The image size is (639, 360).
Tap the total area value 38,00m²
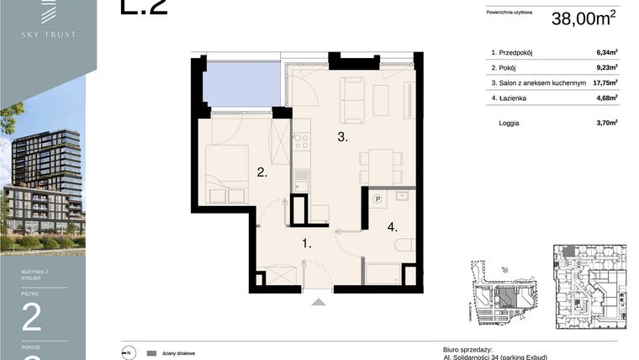point(584,19)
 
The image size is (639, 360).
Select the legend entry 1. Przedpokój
point(516,52)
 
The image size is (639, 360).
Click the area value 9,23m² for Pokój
point(605,67)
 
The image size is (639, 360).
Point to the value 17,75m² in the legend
point(605,82)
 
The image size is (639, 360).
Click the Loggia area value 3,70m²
point(605,122)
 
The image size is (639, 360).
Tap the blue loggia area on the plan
point(242,84)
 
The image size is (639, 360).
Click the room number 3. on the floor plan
point(342,136)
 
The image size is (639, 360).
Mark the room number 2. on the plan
point(262,173)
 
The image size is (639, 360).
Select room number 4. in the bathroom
point(392,226)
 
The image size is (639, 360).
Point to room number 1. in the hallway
point(308,245)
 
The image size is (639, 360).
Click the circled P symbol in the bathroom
point(378,199)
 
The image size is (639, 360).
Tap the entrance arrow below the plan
point(318,301)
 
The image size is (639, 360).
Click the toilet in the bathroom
point(404,246)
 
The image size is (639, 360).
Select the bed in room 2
point(227,172)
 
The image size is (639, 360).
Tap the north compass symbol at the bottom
point(128,353)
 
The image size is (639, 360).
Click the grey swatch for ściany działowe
point(151,353)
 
